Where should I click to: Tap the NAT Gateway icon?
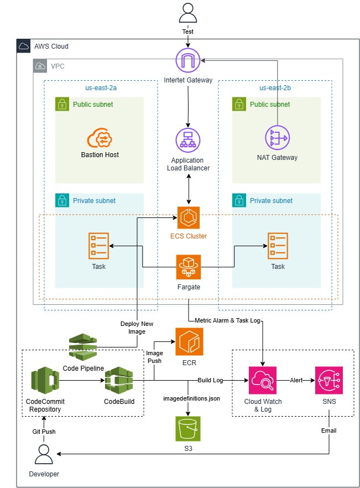pos(277,138)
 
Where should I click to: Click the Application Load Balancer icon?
pos(189,141)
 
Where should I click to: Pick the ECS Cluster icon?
pos(189,217)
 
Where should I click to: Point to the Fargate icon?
pos(189,267)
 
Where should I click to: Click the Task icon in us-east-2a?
pos(99,246)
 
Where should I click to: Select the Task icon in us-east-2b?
pos(278,246)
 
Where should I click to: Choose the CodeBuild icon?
pos(119,380)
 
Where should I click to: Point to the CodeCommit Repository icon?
pos(45,380)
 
